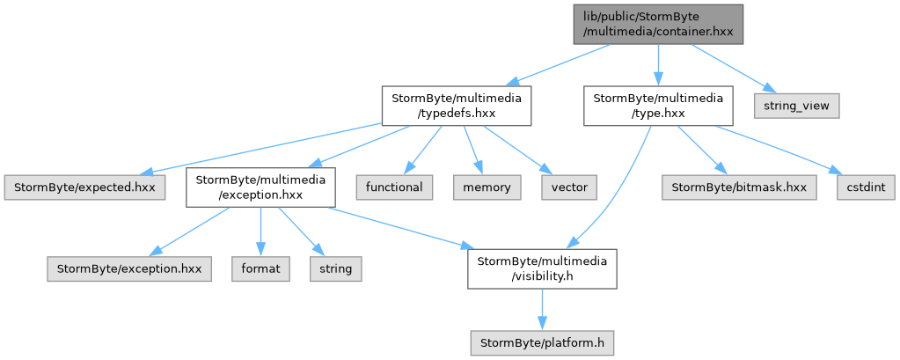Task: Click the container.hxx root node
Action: point(658,24)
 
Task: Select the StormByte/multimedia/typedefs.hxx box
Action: point(457,106)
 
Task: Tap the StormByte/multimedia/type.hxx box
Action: point(658,106)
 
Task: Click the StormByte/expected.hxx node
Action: point(84,187)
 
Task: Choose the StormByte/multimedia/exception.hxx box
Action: point(260,187)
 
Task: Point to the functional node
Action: point(394,187)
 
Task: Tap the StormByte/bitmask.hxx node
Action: point(739,187)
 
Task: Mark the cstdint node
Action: point(866,187)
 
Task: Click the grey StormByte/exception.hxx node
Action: point(129,268)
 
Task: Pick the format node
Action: point(260,268)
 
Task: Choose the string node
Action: point(336,268)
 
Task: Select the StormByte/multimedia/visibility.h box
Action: point(543,268)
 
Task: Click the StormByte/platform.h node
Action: point(543,342)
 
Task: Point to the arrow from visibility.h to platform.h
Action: point(543,309)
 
